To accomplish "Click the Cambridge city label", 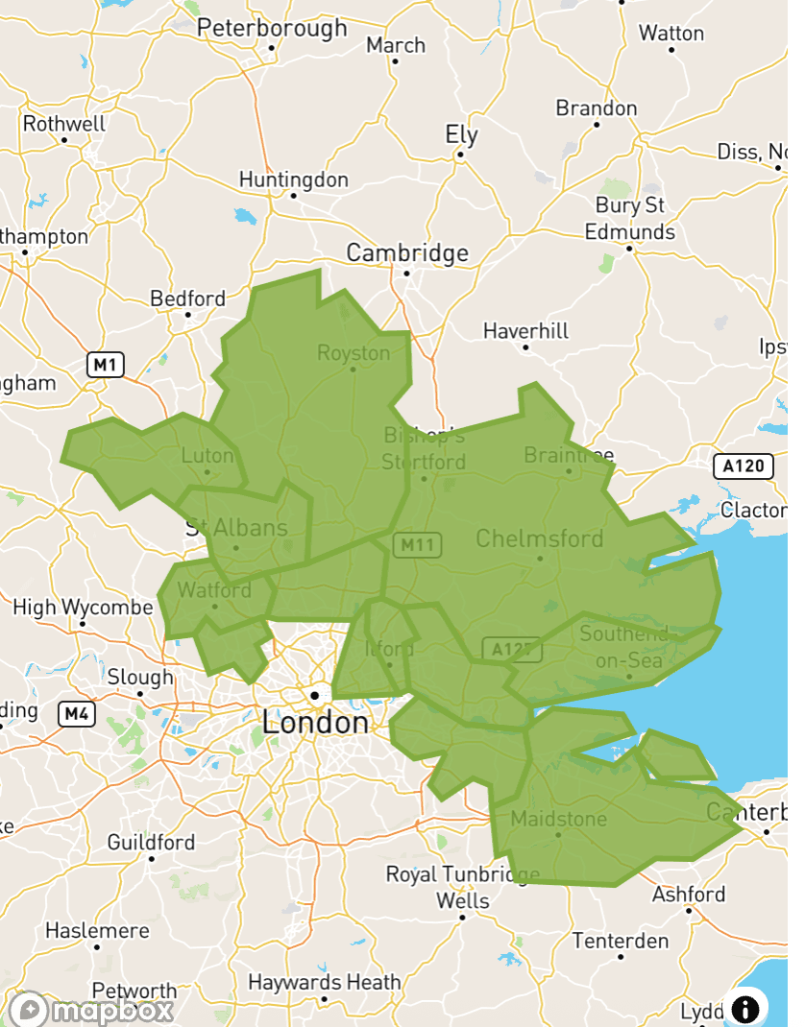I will coord(407,253).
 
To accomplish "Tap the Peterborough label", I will coord(272,28).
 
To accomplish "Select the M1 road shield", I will coord(106,365).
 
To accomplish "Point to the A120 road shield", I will coord(744,467).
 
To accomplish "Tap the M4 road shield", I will coord(77,713).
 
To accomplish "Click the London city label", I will coord(315,722).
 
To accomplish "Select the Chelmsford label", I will coord(540,537).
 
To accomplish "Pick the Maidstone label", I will coord(559,819).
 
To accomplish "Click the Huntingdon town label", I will coord(293,179).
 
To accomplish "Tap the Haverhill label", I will coord(525,331).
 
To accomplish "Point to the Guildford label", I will coord(151,843).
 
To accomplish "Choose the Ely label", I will coord(461,134).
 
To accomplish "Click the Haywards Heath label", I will coord(324,983).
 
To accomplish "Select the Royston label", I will coord(354,353).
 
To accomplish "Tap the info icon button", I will coord(745,1009).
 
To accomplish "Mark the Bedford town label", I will coord(188,299).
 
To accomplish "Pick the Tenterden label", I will coord(621,941).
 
